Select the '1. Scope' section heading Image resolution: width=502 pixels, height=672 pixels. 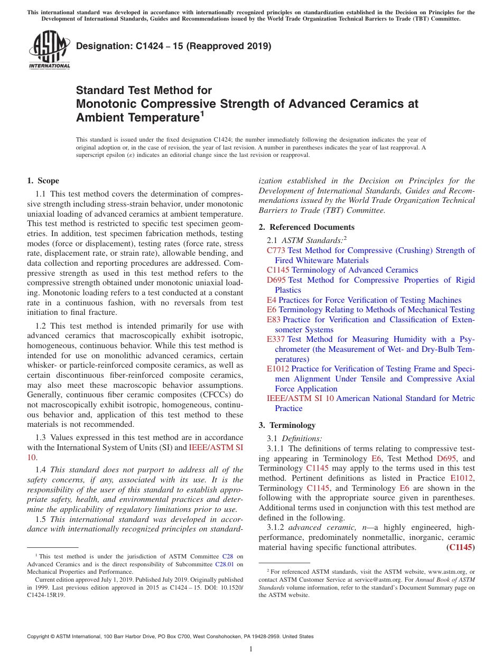click(x=43, y=181)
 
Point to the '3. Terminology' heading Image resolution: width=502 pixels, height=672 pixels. click(x=287, y=425)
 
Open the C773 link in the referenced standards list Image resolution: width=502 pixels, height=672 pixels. click(x=276, y=250)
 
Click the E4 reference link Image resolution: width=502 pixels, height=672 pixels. click(x=271, y=300)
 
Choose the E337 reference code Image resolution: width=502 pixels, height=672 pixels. click(x=276, y=339)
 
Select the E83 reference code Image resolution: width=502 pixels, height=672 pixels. click(x=274, y=320)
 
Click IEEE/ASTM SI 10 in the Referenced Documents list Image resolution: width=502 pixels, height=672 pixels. click(x=300, y=398)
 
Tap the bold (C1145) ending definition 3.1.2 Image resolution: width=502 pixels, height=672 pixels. click(x=460, y=548)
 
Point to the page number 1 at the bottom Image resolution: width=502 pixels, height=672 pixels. click(x=251, y=649)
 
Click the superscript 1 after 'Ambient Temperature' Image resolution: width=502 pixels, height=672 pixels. click(x=201, y=113)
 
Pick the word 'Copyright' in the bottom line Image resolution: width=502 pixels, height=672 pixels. click(x=40, y=637)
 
